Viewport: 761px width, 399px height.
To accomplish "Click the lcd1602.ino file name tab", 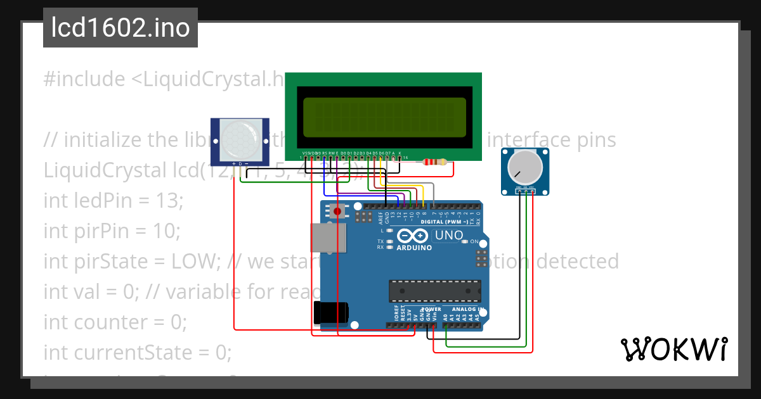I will pyautogui.click(x=120, y=28).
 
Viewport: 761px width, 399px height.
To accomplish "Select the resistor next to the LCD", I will pyautogui.click(x=434, y=163).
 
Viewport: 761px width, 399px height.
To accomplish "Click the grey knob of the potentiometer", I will pyautogui.click(x=525, y=167).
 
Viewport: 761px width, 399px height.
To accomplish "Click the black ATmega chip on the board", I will pyautogui.click(x=434, y=290).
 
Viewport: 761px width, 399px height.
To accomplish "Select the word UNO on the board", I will pyautogui.click(x=449, y=236).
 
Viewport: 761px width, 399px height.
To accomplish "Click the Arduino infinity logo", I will pyautogui.click(x=413, y=236).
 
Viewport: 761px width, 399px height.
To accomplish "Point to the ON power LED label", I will pyautogui.click(x=474, y=242).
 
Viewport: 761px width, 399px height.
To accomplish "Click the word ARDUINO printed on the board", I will pyautogui.click(x=413, y=248).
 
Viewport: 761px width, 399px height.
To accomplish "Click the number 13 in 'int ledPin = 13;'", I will pyautogui.click(x=169, y=201).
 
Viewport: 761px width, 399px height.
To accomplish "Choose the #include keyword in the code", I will pyautogui.click(x=84, y=79).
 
